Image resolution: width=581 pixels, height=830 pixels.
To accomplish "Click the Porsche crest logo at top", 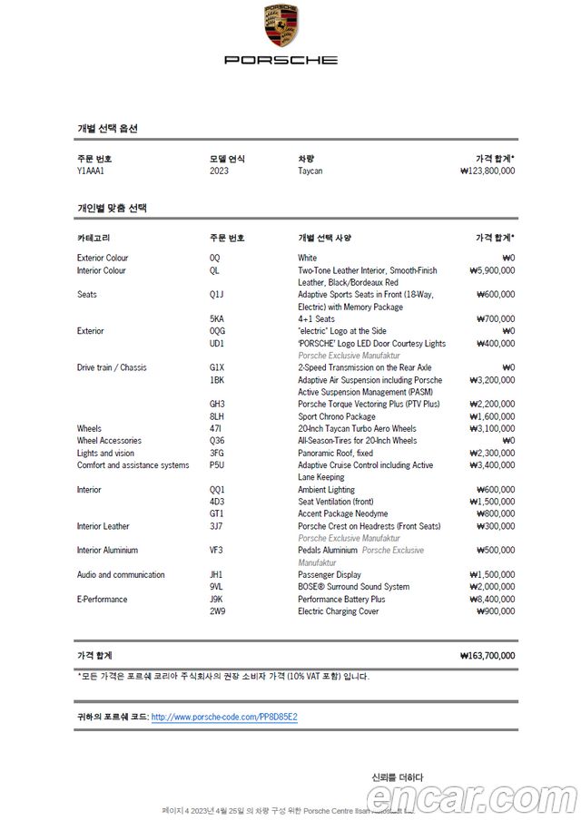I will point(281,26).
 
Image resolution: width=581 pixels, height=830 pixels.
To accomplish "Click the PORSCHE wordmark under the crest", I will point(281,60).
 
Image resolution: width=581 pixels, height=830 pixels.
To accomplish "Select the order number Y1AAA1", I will point(91,171).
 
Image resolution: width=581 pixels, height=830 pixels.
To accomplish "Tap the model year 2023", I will point(219,171).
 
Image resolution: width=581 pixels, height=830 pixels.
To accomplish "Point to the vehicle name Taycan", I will point(310,171).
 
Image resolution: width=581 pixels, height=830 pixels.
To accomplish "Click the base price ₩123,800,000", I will point(487,171).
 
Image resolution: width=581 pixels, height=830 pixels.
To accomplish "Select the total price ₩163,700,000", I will point(487,655).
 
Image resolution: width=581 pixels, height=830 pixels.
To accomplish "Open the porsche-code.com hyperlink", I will point(224,717).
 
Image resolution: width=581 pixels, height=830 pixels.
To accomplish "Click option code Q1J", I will point(216,295).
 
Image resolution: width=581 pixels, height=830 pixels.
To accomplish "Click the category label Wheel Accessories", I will point(112,441).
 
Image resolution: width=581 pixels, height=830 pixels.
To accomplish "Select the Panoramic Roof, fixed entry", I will point(335,454).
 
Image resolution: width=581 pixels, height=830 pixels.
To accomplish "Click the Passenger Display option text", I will point(330,575).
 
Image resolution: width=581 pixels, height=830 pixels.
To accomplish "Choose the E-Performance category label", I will point(102,600).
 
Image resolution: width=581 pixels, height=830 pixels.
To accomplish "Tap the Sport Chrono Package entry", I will point(337,416).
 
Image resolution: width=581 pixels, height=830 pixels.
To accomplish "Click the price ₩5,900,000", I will point(492,270).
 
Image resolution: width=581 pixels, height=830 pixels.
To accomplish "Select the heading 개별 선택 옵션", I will point(107,129).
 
